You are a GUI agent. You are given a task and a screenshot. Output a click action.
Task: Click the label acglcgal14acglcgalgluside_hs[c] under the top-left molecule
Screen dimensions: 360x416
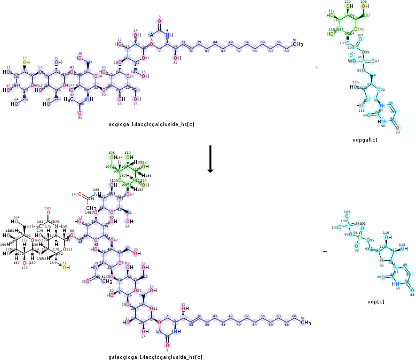(x=151, y=124)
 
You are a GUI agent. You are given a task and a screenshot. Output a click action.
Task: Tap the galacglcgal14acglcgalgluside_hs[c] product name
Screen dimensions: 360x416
(x=155, y=357)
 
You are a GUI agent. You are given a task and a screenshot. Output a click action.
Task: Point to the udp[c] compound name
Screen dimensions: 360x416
(x=376, y=302)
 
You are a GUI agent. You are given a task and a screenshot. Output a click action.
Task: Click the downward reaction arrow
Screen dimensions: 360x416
(x=210, y=159)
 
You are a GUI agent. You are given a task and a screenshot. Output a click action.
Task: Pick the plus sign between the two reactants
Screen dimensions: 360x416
(x=317, y=67)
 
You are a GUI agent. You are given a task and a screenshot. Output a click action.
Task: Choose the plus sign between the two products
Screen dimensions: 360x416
(x=325, y=251)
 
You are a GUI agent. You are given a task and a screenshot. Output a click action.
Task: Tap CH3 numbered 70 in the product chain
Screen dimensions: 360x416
(x=305, y=323)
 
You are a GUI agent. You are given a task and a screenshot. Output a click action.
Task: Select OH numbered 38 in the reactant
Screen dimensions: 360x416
(x=80, y=59)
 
